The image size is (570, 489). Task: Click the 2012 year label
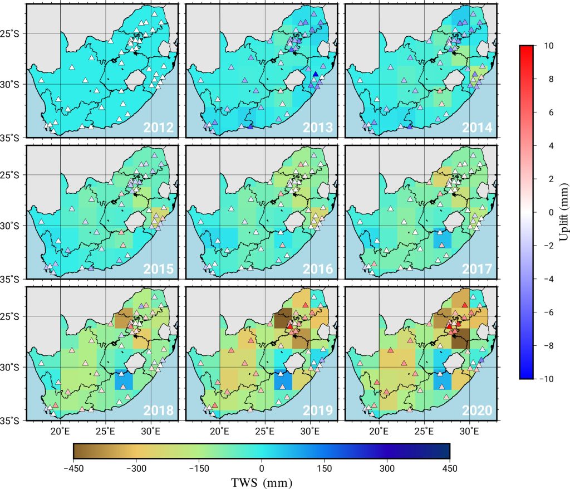point(159,128)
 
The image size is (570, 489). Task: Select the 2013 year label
point(318,128)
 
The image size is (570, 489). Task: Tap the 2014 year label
point(477,128)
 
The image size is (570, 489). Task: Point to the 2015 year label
point(159,270)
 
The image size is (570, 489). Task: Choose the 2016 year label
point(318,270)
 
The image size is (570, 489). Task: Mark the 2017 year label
point(477,270)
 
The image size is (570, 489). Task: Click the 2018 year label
point(159,411)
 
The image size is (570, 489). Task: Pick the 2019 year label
point(318,411)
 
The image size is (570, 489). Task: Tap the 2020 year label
point(477,411)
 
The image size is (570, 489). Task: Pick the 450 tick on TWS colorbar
point(449,468)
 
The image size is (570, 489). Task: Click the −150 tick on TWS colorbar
point(199,468)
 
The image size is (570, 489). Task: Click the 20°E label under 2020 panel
point(379,431)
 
